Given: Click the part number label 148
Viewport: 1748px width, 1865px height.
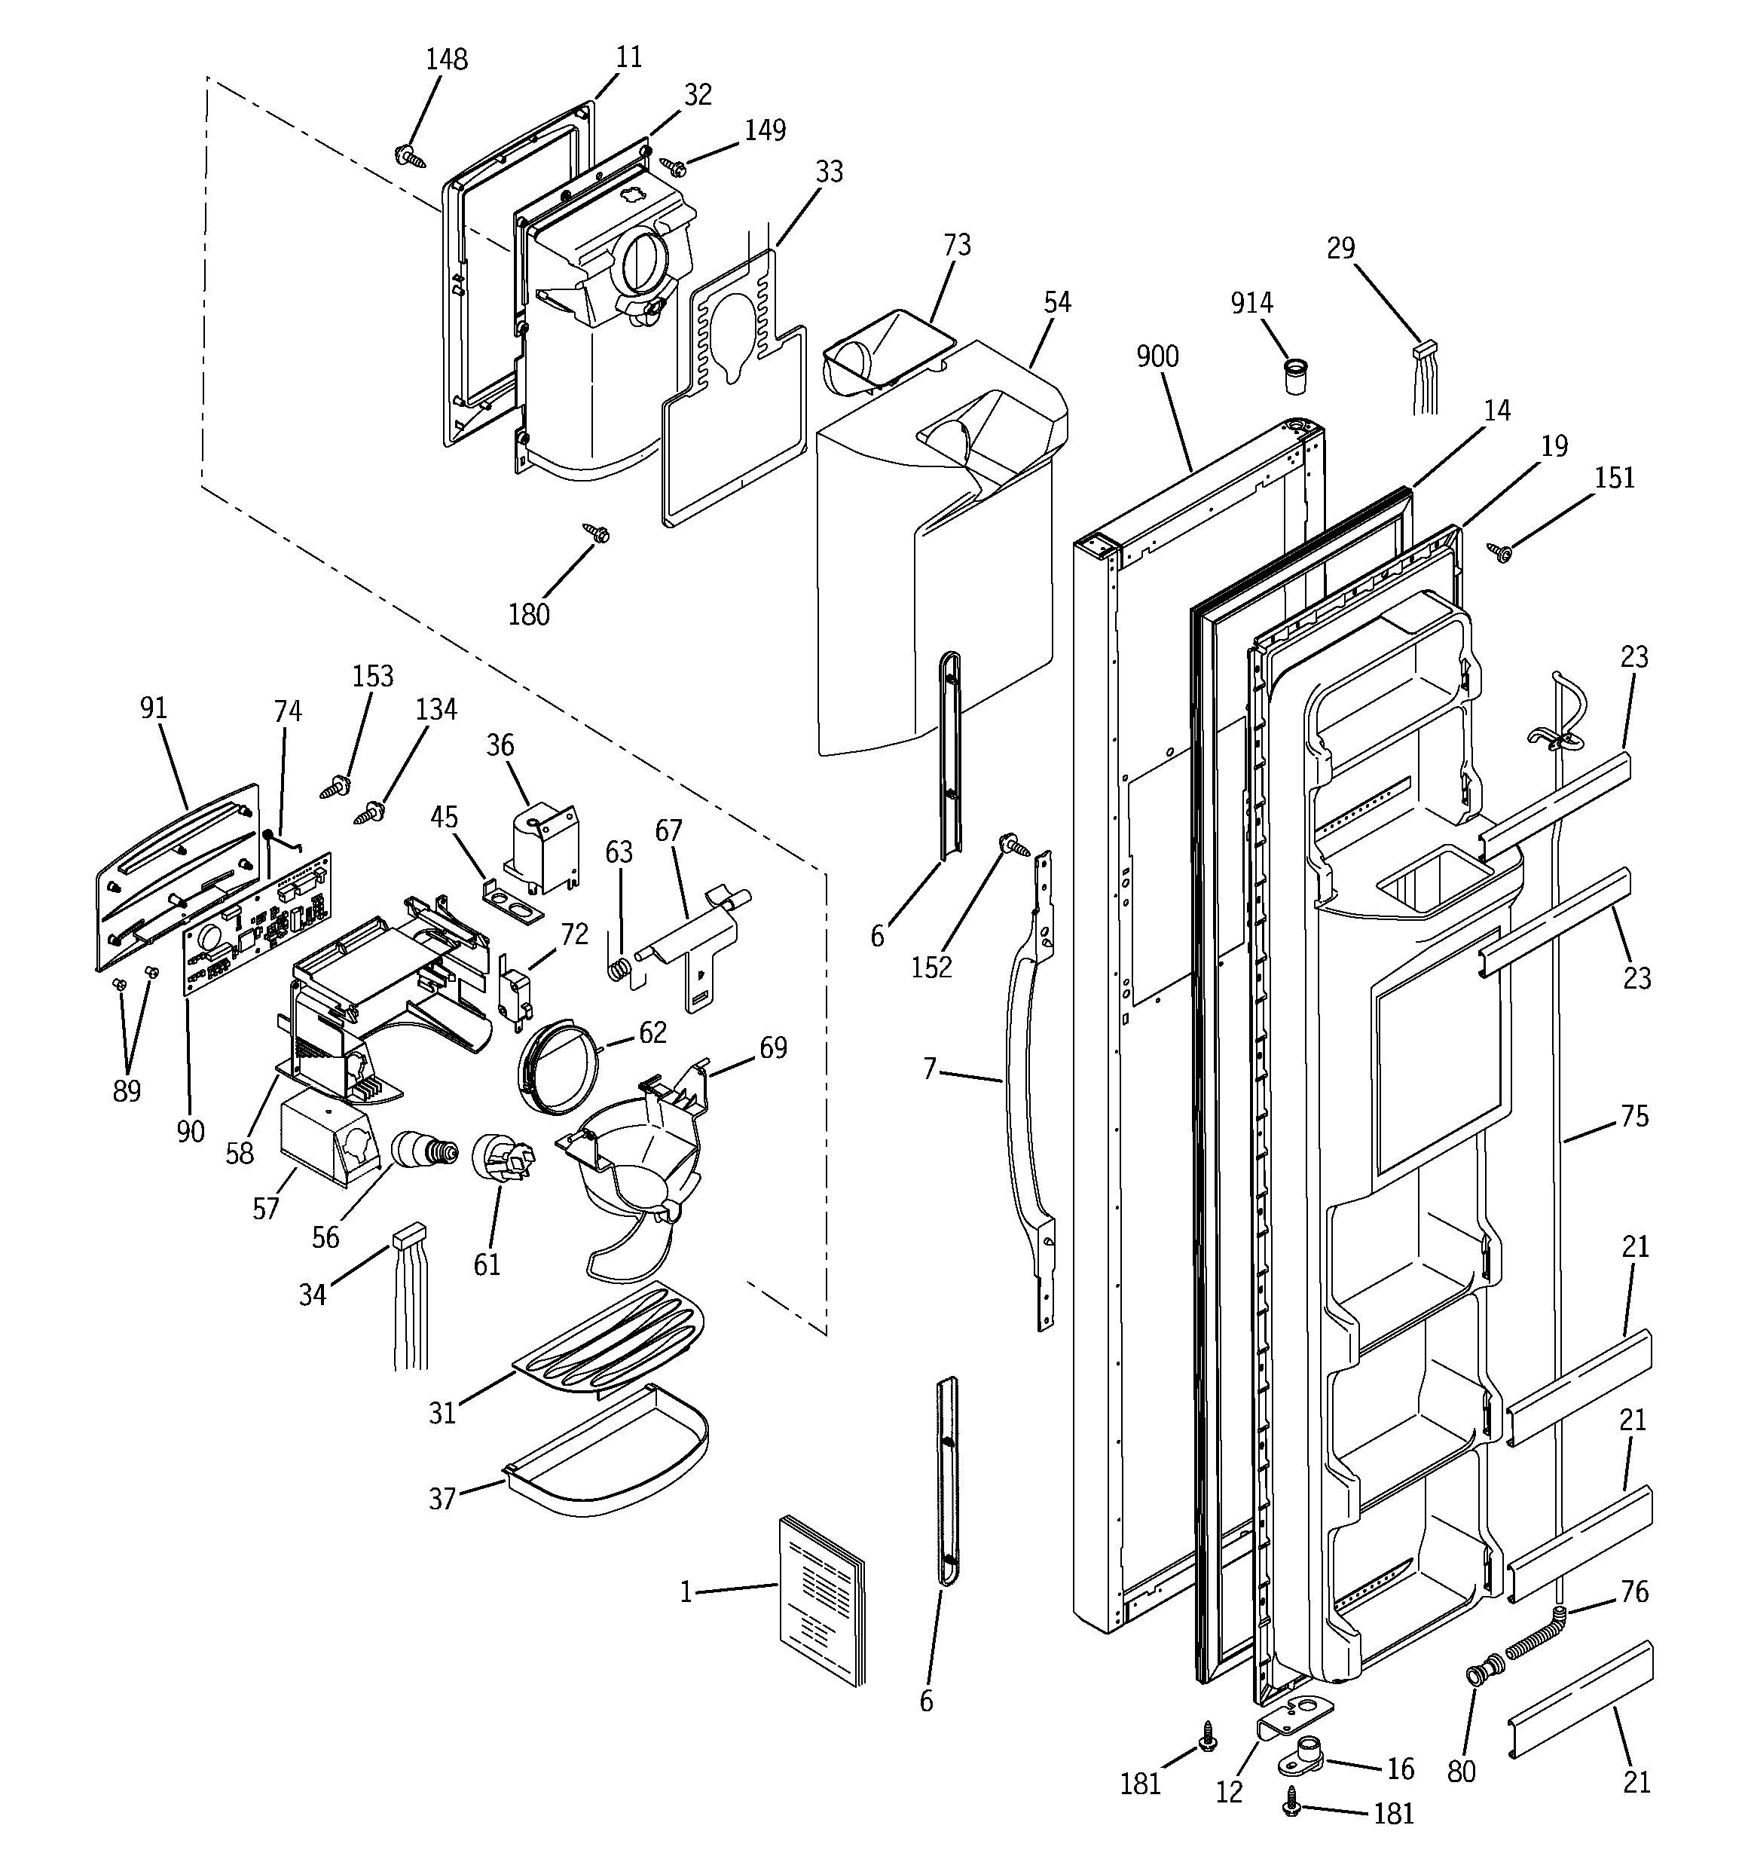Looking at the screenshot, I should point(447,59).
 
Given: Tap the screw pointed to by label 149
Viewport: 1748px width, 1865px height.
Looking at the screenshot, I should point(674,167).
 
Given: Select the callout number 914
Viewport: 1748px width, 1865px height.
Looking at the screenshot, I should point(1251,302).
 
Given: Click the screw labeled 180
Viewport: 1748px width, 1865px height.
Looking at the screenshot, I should point(597,533).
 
